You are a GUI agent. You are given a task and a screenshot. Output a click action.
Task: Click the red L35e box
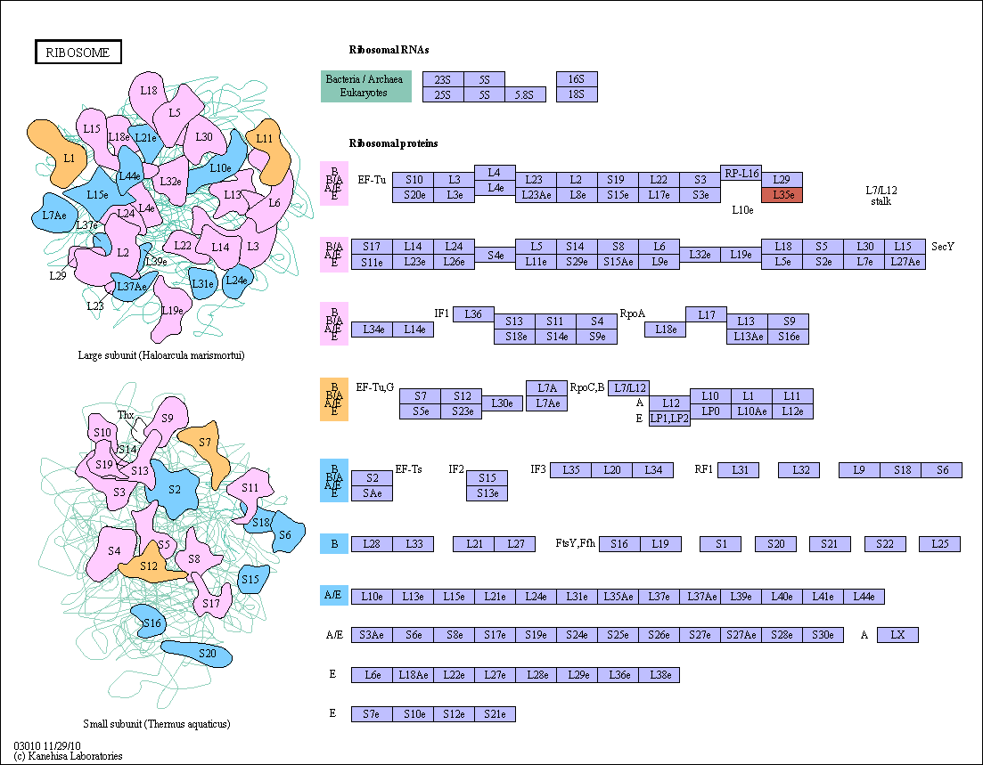(x=782, y=195)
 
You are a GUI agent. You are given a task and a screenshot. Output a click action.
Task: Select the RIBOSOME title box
(x=78, y=52)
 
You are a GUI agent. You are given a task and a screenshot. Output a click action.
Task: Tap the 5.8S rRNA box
(x=525, y=94)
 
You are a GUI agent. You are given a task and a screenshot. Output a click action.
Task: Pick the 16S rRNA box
(x=577, y=79)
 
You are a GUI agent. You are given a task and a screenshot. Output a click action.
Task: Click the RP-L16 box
(x=741, y=173)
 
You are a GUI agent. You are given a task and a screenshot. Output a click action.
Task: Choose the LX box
(x=897, y=635)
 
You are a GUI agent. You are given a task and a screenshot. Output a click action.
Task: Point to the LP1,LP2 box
(x=669, y=419)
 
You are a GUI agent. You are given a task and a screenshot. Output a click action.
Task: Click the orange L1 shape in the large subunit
(x=60, y=153)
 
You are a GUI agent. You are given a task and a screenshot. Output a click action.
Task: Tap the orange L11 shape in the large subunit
(x=269, y=151)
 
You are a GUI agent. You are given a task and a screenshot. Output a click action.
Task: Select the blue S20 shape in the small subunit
(x=198, y=654)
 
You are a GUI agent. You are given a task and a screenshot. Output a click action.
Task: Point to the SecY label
(x=942, y=246)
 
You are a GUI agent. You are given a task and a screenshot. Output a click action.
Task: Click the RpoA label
(x=632, y=313)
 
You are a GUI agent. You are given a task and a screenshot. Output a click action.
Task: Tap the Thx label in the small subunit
(x=126, y=415)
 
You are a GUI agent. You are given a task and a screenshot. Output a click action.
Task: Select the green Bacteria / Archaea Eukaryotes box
(x=366, y=85)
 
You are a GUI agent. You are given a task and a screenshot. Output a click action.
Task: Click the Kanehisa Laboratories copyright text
(x=68, y=756)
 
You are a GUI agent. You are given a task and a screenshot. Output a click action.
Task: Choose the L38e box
(x=659, y=675)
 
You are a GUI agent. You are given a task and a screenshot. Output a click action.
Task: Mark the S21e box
(x=496, y=713)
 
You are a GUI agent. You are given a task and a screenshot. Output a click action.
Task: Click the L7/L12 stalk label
(x=881, y=195)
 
